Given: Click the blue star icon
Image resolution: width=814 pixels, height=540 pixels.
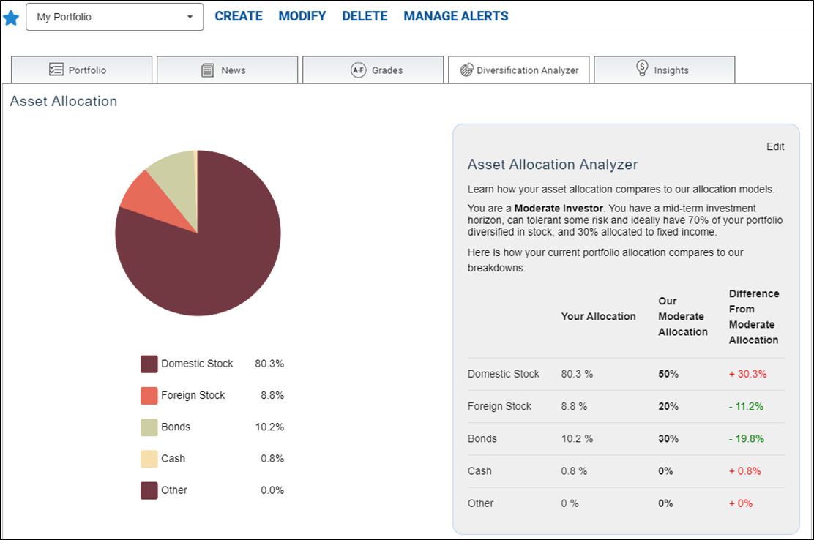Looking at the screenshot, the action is click(11, 18).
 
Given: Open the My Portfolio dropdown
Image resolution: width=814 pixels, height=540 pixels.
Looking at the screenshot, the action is click(115, 17).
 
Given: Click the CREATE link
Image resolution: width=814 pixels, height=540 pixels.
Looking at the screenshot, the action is click(239, 16).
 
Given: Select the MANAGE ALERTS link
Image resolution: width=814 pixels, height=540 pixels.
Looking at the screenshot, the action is click(456, 16).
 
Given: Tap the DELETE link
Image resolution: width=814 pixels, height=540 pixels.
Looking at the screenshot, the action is click(365, 16).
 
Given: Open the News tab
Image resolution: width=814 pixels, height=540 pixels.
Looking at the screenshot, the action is click(228, 70).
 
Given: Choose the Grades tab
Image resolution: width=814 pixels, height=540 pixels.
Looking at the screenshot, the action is click(373, 70).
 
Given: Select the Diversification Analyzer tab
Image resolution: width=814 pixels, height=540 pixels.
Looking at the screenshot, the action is click(519, 70).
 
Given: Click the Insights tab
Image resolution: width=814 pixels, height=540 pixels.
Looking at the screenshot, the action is click(665, 70).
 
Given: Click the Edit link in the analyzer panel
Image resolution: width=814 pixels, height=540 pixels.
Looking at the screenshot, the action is click(775, 147).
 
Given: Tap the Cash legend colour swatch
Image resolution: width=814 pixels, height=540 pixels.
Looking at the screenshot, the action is click(149, 459).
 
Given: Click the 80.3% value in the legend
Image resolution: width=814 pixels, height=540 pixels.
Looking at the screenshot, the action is click(269, 364).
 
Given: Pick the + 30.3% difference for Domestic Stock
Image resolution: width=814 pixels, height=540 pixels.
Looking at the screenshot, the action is click(747, 374).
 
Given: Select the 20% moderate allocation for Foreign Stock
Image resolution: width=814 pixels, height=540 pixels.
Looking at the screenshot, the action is click(668, 406).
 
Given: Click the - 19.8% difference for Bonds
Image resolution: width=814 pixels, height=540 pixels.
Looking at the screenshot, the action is click(746, 439).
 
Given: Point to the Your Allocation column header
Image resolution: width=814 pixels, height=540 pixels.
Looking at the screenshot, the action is click(598, 316).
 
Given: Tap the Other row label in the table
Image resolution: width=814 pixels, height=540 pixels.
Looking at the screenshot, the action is click(480, 503).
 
